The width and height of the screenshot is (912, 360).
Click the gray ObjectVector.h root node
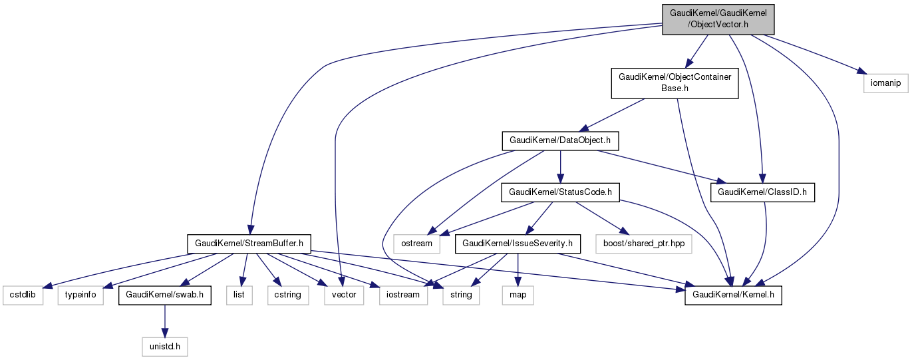(x=718, y=18)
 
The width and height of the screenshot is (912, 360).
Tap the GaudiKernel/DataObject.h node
(x=560, y=141)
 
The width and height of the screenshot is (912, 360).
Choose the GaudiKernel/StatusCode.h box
(x=560, y=192)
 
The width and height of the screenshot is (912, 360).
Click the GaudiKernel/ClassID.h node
(x=763, y=192)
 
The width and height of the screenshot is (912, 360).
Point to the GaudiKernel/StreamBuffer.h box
(x=249, y=244)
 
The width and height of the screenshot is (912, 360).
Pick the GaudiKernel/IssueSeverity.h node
(x=518, y=244)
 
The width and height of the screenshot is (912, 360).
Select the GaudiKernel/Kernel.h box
(x=733, y=295)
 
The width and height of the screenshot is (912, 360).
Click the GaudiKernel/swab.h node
(x=165, y=295)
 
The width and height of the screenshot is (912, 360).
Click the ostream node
(x=417, y=244)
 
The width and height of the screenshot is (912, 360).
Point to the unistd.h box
(x=165, y=346)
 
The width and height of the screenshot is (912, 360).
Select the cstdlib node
(x=23, y=295)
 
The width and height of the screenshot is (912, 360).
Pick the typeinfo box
(x=80, y=295)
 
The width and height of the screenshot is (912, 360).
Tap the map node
(x=518, y=295)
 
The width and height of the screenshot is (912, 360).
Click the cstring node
(x=288, y=295)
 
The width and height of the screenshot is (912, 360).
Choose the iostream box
(x=402, y=295)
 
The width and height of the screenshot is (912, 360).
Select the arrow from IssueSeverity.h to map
(x=518, y=270)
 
